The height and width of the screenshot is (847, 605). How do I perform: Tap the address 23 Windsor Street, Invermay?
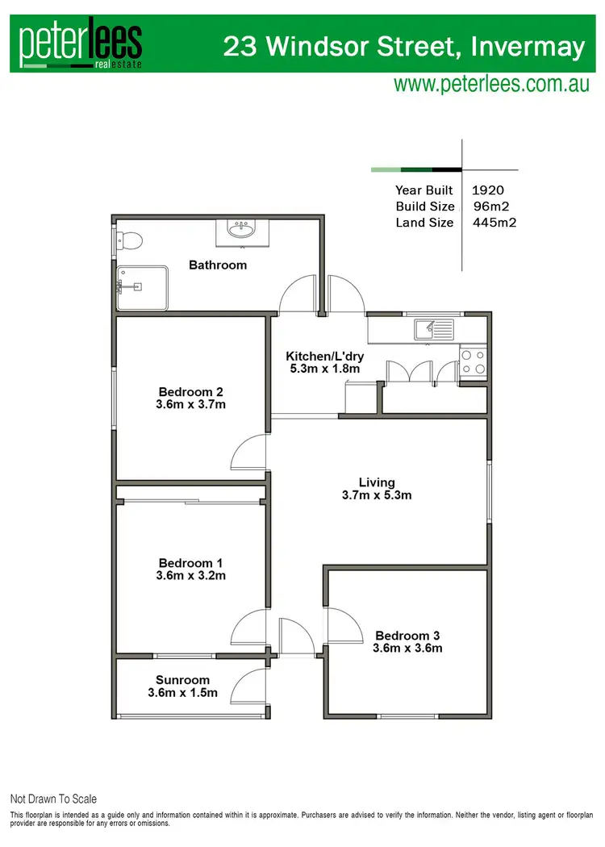pos(403,47)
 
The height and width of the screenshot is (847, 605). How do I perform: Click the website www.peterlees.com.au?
pos(491,84)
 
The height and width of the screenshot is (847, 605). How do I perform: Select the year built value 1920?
pos(487,190)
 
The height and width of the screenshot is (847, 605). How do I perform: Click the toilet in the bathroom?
pos(129,240)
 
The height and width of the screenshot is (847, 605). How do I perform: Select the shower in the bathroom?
pos(142,287)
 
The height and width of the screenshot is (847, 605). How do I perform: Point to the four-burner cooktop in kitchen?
pos(473,361)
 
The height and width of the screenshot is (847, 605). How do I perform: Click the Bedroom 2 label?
pos(192,391)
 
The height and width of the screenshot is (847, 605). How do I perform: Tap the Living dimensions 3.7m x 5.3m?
pos(377,495)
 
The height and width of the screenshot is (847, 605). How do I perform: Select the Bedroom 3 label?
pos(407,635)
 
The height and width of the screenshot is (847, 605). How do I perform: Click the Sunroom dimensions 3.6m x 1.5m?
pos(183,693)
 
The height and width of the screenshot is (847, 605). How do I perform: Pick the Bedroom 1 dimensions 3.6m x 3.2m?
pos(192,576)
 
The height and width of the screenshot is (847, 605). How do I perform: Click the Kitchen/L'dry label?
pos(323,356)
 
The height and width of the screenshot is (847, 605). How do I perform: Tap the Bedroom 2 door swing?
pos(250,453)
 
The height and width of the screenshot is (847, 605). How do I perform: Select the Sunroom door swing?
pos(250,685)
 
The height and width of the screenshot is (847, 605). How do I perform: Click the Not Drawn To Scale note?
pos(53,799)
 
